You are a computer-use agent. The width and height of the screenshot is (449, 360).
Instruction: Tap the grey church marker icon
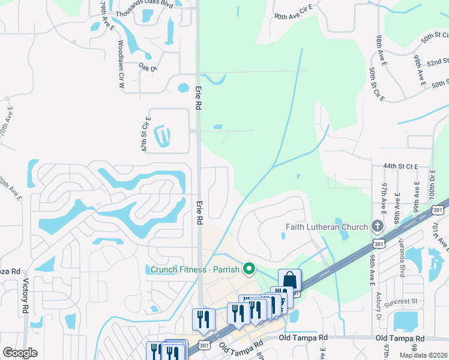pyautogui.click(x=377, y=226)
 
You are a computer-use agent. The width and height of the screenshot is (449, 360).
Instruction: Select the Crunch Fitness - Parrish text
pyautogui.click(x=194, y=269)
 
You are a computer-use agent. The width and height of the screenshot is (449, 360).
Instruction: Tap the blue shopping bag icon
pyautogui.click(x=289, y=280)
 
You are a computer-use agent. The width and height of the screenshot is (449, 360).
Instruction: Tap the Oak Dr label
pyautogui.click(x=148, y=67)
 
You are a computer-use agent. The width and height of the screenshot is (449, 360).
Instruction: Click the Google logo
pyautogui.click(x=20, y=353)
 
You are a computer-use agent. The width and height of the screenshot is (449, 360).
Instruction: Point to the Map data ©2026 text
pyautogui.click(x=423, y=355)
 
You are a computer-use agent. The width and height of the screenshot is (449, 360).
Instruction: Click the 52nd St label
pyautogui.click(x=437, y=62)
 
